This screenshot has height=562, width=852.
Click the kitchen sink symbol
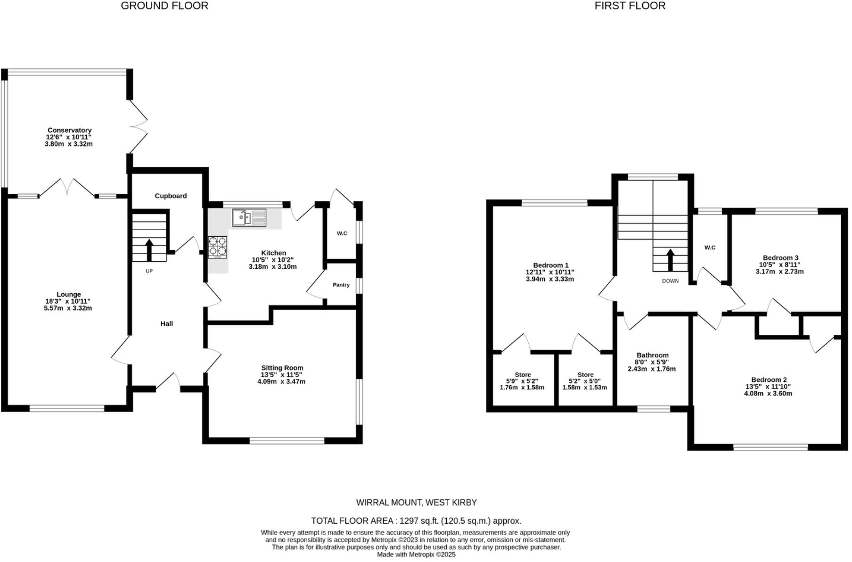(x=249, y=218)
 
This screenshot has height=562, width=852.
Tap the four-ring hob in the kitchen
(x=218, y=247)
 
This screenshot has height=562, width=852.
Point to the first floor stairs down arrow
(x=670, y=259)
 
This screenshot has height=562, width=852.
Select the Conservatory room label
(x=69, y=130)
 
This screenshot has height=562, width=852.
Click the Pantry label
(x=341, y=285)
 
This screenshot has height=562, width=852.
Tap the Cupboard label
(x=171, y=196)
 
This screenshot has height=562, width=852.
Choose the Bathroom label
(x=652, y=355)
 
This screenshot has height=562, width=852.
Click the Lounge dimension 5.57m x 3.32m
(x=68, y=308)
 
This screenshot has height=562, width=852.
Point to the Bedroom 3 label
(x=780, y=257)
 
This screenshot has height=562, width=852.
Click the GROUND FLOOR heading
(x=164, y=6)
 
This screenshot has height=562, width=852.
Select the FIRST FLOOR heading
(x=630, y=6)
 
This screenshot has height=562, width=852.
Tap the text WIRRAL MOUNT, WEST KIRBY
(x=416, y=503)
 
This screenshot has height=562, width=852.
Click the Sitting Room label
(x=282, y=368)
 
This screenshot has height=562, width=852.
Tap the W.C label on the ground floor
(x=342, y=233)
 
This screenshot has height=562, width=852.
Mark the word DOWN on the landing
(x=670, y=281)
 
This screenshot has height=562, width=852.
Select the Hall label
(x=167, y=323)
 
